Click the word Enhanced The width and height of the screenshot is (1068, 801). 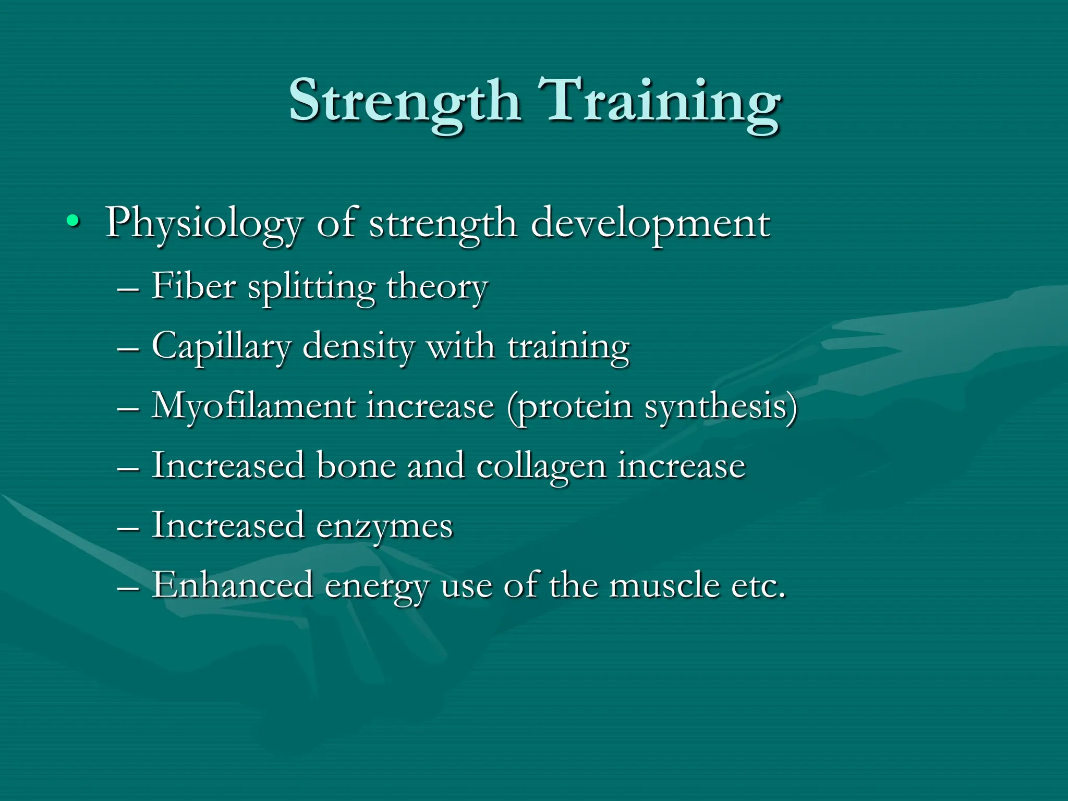point(232,585)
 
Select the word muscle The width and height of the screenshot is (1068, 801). point(664,585)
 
